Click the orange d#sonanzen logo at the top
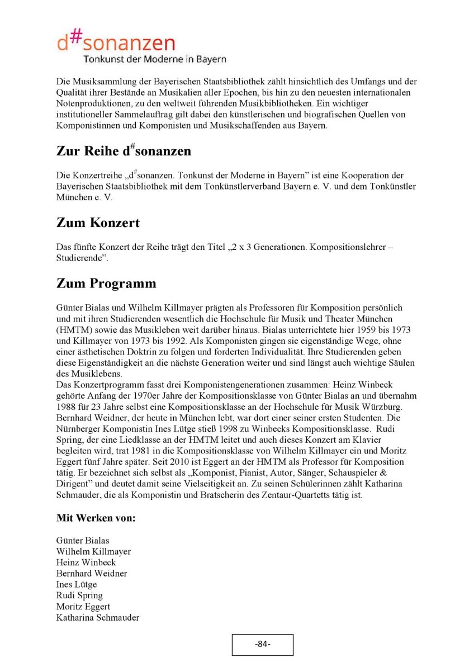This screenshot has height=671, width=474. [116, 41]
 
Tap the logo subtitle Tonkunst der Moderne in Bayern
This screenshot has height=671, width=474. [155, 59]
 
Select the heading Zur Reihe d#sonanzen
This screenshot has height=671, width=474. [124, 151]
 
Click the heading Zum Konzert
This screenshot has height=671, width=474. [98, 223]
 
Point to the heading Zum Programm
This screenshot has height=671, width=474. [106, 283]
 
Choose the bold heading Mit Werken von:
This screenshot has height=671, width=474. [96, 518]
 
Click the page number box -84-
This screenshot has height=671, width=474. [262, 644]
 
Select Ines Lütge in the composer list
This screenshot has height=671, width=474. [77, 584]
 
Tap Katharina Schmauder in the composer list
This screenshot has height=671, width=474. [98, 618]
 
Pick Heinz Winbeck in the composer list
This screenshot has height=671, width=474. [86, 562]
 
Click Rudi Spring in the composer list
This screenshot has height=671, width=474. [79, 596]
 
